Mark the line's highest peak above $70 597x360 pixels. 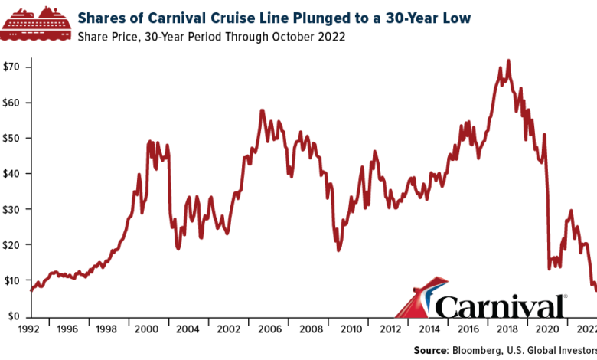click(509, 61)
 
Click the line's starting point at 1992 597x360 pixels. click(31, 291)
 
